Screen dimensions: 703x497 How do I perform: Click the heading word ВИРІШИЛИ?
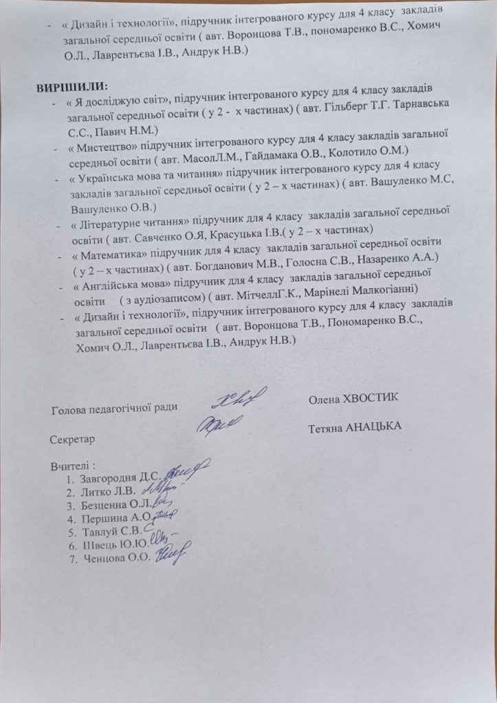click(73, 87)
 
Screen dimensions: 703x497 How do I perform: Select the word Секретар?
click(72, 438)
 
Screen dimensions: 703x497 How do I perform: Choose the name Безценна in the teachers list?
click(104, 506)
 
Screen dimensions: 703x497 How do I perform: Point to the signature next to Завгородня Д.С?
click(186, 470)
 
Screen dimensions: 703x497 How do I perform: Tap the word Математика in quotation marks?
click(105, 244)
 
